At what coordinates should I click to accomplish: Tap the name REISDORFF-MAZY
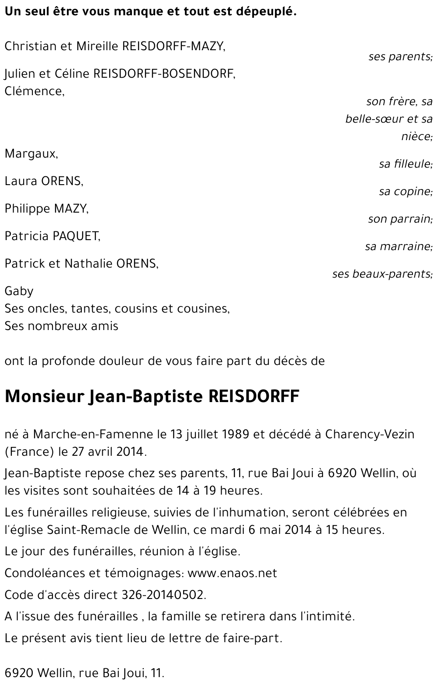(x=174, y=46)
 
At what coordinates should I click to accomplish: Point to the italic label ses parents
(x=400, y=56)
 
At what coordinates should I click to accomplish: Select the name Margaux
(x=31, y=154)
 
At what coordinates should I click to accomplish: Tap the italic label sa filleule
(x=405, y=164)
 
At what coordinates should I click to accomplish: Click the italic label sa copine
(x=405, y=192)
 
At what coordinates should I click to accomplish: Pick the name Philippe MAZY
(x=46, y=209)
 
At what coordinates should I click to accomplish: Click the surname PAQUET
(x=76, y=236)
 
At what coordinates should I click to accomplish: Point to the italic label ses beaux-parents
(x=382, y=274)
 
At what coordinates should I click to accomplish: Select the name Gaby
(x=19, y=291)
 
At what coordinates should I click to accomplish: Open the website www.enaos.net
(x=232, y=573)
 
